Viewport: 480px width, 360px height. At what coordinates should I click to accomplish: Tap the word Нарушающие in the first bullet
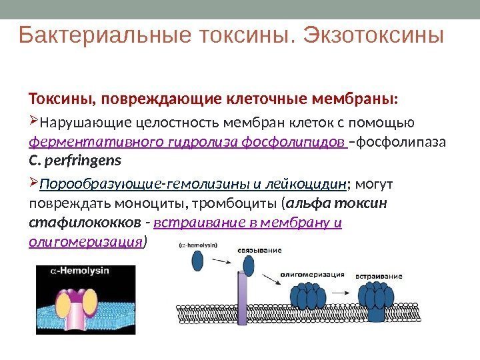tap(75, 123)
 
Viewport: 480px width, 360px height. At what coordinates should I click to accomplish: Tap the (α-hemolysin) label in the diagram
tap(197, 245)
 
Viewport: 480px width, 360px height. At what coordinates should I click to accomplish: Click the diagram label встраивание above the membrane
tap(378, 275)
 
